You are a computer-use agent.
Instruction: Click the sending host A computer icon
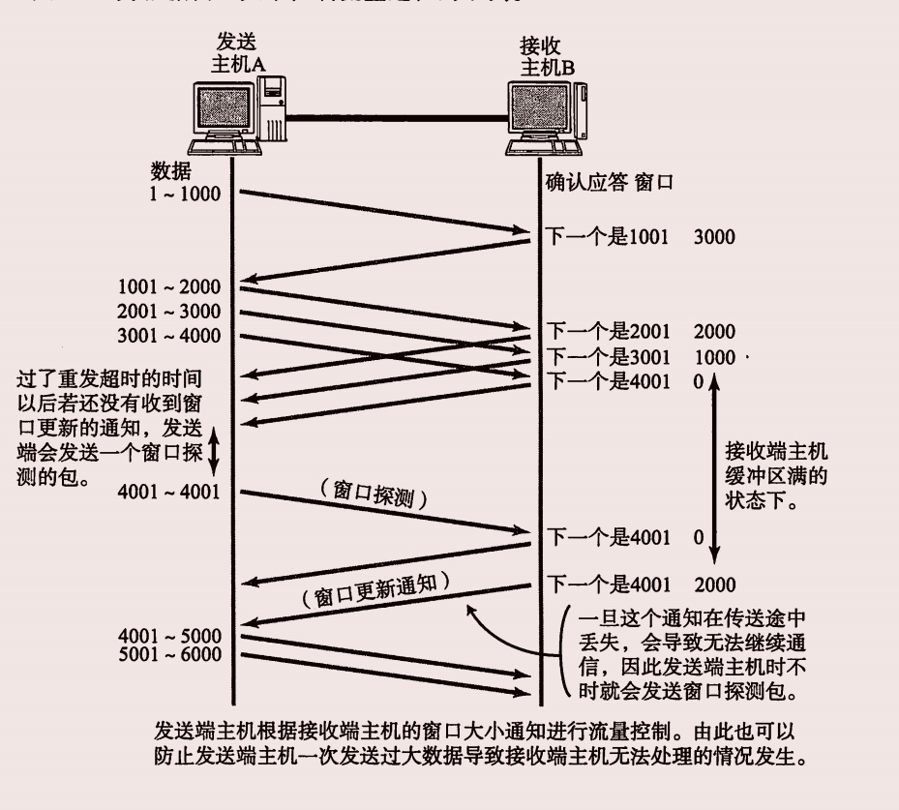tap(238, 115)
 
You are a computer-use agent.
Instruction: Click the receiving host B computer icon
tap(548, 115)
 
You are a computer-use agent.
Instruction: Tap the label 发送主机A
tap(238, 54)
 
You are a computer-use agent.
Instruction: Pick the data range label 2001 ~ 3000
tap(169, 312)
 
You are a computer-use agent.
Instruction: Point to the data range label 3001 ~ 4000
tap(169, 336)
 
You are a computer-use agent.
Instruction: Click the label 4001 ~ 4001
tap(169, 491)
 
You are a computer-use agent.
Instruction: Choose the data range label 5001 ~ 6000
tap(169, 655)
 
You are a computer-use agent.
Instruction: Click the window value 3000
tap(714, 237)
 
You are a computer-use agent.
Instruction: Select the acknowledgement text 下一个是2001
tap(608, 331)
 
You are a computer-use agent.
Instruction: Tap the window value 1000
tap(714, 357)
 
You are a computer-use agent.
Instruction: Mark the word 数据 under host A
tap(170, 171)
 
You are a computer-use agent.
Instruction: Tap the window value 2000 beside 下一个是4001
tap(714, 584)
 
